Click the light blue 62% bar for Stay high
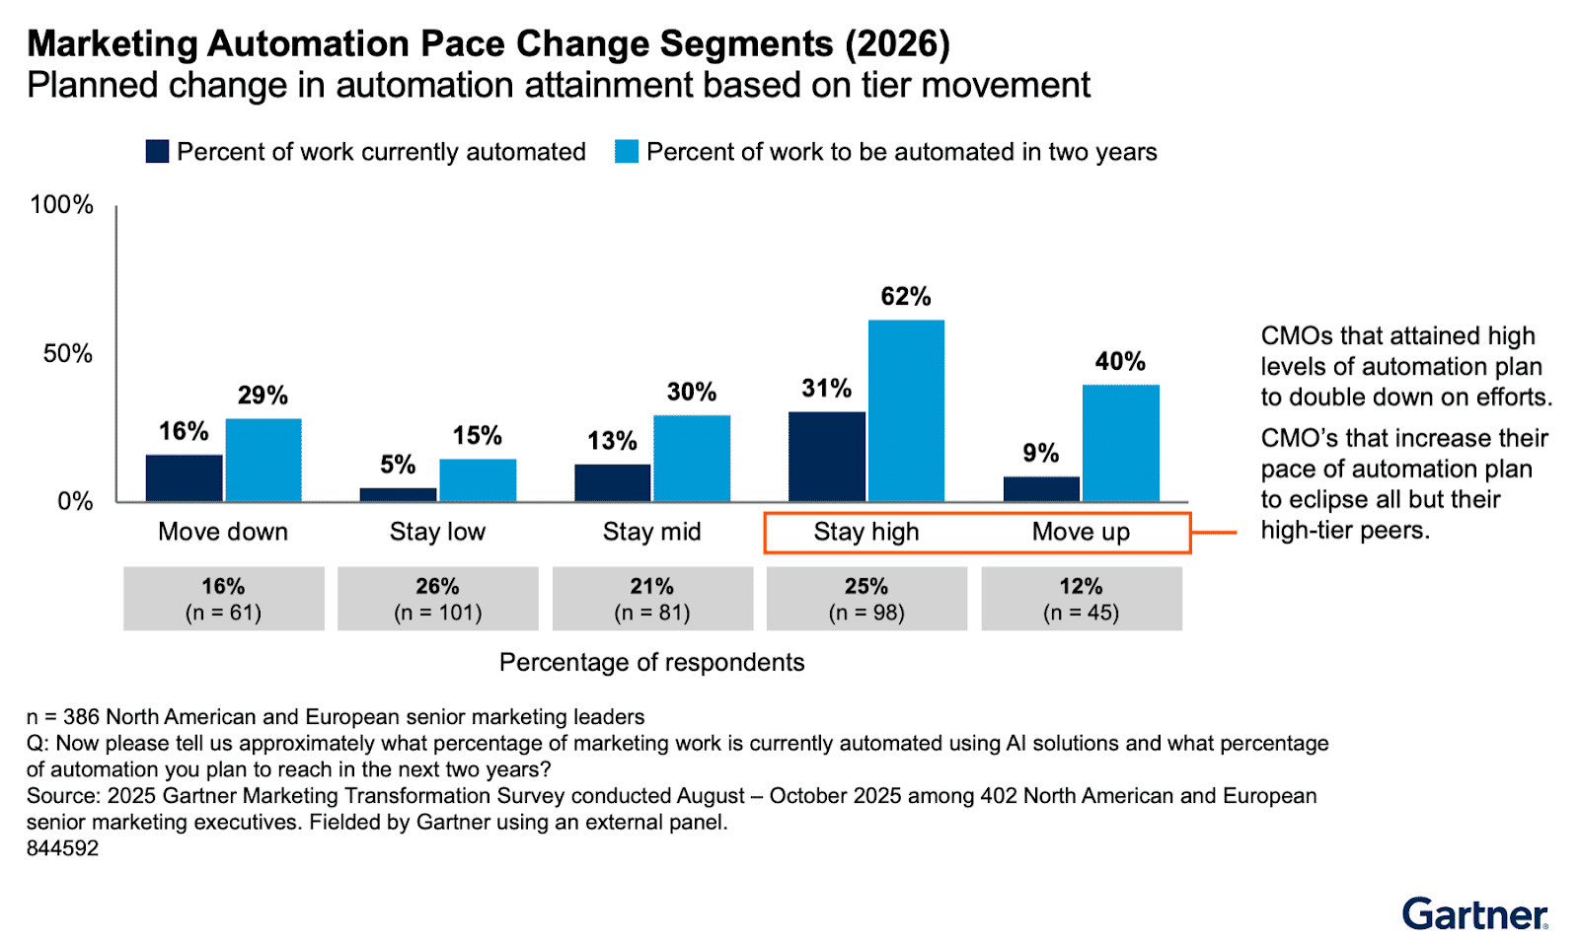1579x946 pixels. click(x=906, y=410)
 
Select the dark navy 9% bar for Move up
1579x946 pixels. click(x=1041, y=489)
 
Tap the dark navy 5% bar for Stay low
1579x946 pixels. click(x=398, y=494)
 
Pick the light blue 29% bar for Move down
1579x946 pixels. click(x=263, y=460)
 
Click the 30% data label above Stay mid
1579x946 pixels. click(x=691, y=392)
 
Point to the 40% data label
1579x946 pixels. click(x=1120, y=361)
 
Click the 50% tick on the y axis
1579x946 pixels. click(x=67, y=353)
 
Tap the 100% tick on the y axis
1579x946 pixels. click(x=61, y=204)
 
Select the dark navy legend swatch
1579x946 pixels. click(x=157, y=151)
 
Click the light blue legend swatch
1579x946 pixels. click(x=627, y=151)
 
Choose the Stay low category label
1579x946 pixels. click(x=437, y=532)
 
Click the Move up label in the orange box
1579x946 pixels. click(x=1081, y=532)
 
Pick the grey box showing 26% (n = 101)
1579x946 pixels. click(x=437, y=599)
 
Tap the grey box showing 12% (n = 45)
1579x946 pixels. click(x=1081, y=599)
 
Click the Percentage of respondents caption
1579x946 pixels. click(x=651, y=662)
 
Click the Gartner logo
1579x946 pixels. click(x=1474, y=913)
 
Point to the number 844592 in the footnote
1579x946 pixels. click(x=62, y=848)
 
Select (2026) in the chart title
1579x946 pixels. click(x=897, y=44)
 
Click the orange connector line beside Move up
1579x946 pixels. click(x=1214, y=533)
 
